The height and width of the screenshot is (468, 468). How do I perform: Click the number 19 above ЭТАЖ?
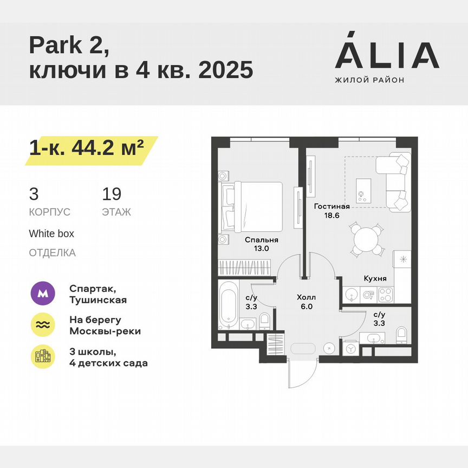pos(112,194)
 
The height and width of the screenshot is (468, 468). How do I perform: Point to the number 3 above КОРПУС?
pos(34,194)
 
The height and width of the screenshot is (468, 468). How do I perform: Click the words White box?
pos(51,234)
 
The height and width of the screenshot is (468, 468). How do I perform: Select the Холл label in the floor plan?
pos(306,297)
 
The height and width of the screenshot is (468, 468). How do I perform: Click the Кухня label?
pos(375,278)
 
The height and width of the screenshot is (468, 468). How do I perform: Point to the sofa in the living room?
pos(394,181)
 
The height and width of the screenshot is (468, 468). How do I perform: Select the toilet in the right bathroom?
pos(402,335)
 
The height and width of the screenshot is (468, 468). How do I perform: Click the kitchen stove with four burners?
pos(385,295)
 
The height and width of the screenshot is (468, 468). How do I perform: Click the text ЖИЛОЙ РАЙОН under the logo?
pos(369,80)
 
